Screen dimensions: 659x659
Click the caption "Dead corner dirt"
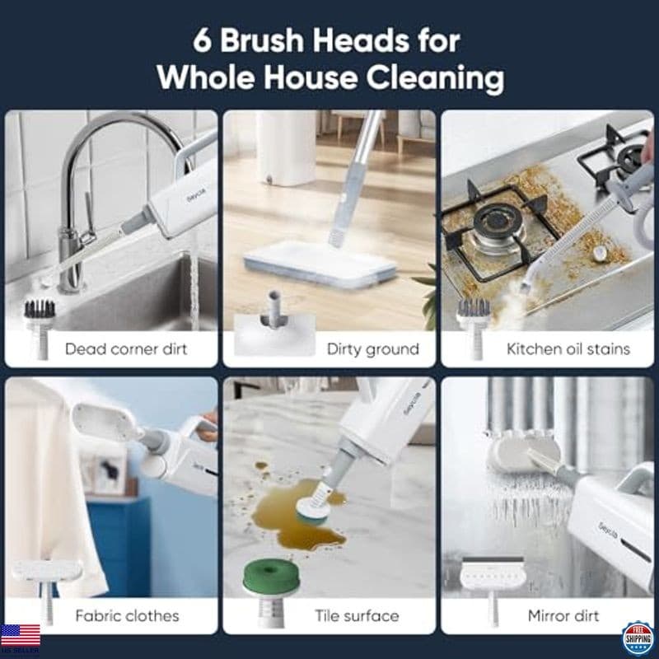[126, 348]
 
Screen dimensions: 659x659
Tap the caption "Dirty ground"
[372, 348]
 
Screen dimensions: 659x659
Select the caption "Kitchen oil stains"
[568, 348]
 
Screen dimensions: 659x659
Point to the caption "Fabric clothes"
[127, 615]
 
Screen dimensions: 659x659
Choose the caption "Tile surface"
[357, 615]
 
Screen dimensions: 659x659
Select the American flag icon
[20, 635]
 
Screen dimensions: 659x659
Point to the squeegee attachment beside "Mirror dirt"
[492, 577]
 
